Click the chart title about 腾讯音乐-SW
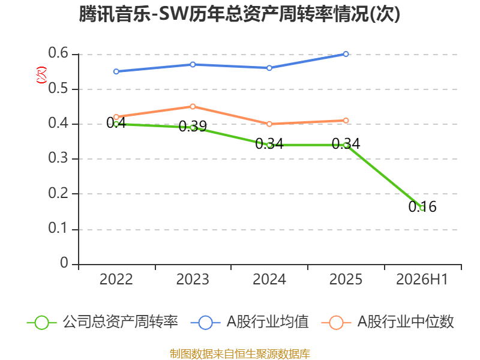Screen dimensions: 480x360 pos(239,14)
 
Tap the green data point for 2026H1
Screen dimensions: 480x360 pos(422,208)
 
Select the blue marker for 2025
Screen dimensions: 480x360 pos(346,54)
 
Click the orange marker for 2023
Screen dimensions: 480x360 pos(193,107)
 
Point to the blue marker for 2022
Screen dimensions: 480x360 pos(116,71)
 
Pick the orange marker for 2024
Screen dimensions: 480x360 pos(269,124)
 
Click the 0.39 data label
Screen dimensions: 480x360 pos(193,126)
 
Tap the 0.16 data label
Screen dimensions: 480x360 pos(422,206)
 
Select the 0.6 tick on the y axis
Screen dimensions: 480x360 pos(58,53)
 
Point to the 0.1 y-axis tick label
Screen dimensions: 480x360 pos(58,228)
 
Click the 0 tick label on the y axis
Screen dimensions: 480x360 pos(64,263)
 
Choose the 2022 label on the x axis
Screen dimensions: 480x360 pos(116,280)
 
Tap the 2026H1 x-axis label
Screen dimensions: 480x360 pos(422,280)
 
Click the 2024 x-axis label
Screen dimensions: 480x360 pos(269,280)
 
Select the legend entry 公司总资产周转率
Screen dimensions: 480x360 pos(103,322)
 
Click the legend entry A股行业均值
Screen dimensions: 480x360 pos(250,322)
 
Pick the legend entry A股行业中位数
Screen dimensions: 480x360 pos(388,322)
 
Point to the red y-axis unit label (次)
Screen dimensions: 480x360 pos(41,75)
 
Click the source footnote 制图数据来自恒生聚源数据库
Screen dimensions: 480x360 pos(240,354)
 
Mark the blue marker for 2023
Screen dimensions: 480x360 pos(193,65)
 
